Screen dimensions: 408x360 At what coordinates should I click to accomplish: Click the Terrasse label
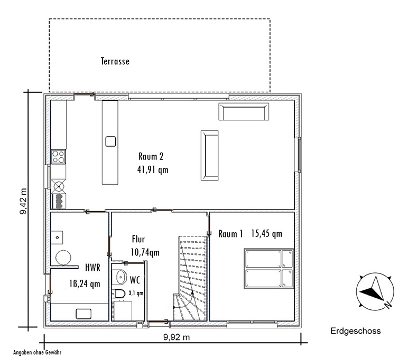(x=115, y=61)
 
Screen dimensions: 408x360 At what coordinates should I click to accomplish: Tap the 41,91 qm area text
(x=153, y=170)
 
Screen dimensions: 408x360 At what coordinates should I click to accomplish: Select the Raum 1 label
(x=230, y=234)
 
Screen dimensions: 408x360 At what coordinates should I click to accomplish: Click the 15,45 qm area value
(x=266, y=233)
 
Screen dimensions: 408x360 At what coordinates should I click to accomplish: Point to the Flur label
(x=138, y=239)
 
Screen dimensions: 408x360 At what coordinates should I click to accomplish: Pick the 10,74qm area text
(x=145, y=252)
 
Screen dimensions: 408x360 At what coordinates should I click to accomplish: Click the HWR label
(x=92, y=268)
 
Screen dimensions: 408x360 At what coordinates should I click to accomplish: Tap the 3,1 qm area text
(x=136, y=293)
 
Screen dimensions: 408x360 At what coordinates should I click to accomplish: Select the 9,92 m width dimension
(x=177, y=337)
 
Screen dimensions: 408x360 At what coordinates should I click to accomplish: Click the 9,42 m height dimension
(x=23, y=201)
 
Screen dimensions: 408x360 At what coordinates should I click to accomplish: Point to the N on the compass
(x=388, y=305)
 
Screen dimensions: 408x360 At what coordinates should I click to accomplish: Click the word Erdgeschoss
(x=356, y=331)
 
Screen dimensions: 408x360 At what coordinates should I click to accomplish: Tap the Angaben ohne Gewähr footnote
(x=37, y=353)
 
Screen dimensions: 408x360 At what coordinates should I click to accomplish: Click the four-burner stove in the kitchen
(x=58, y=156)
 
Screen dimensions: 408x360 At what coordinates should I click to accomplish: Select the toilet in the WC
(x=118, y=293)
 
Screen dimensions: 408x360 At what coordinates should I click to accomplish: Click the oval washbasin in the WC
(x=121, y=277)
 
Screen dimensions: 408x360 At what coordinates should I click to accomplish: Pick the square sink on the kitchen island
(x=110, y=141)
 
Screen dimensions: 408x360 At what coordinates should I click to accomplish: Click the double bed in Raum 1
(x=269, y=269)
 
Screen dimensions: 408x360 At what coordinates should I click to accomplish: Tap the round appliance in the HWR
(x=63, y=258)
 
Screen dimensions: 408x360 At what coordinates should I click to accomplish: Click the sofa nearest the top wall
(x=244, y=111)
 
